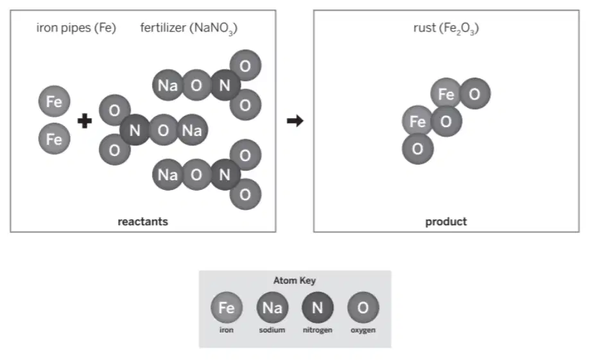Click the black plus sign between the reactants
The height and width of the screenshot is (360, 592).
pyautogui.click(x=85, y=121)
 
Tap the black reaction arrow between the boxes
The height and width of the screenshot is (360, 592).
pyautogui.click(x=295, y=121)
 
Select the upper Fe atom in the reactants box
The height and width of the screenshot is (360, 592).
pyautogui.click(x=55, y=101)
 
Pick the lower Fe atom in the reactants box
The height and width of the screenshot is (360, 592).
pyautogui.click(x=55, y=139)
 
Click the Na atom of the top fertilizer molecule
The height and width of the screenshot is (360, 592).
pyautogui.click(x=168, y=85)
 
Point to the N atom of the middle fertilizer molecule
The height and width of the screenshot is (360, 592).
pyautogui.click(x=135, y=130)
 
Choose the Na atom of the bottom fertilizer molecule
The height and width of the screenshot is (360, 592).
pyautogui.click(x=168, y=175)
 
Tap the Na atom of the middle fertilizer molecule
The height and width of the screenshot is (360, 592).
pyautogui.click(x=192, y=130)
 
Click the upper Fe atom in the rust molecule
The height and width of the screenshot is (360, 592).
pyautogui.click(x=446, y=94)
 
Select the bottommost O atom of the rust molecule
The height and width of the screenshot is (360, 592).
pyautogui.click(x=417, y=149)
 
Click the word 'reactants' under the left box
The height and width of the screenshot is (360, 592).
pyautogui.click(x=143, y=221)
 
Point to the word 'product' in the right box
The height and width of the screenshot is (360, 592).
pyautogui.click(x=446, y=221)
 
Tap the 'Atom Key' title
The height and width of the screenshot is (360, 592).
pyautogui.click(x=295, y=280)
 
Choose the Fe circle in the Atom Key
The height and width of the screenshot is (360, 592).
pyautogui.click(x=227, y=307)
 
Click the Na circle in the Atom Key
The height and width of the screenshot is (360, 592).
pyautogui.click(x=272, y=307)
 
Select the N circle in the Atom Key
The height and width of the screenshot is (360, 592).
pyautogui.click(x=318, y=307)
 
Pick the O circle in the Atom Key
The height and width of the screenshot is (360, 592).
pyautogui.click(x=363, y=307)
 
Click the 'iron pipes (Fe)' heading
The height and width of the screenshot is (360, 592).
pyautogui.click(x=76, y=28)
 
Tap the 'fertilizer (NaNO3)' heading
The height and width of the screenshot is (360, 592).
pyautogui.click(x=189, y=28)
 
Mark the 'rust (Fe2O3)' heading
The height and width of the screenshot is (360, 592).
pyautogui.click(x=446, y=28)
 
